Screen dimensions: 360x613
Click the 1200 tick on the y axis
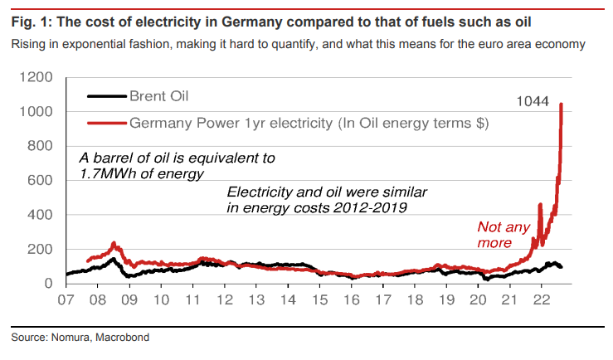(37, 77)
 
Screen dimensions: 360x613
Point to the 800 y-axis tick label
(41, 146)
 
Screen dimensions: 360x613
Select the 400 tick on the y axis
(41, 215)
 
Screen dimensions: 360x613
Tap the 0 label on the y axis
(51, 284)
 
